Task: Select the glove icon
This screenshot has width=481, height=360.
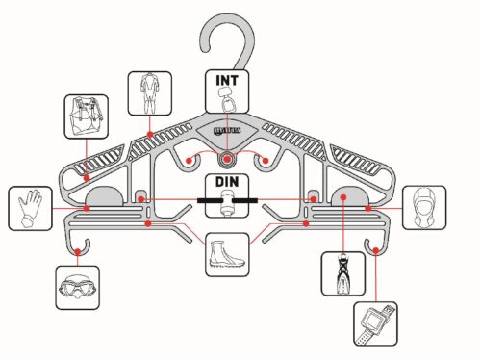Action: click(x=31, y=206)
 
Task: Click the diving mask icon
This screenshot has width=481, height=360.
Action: click(x=76, y=287)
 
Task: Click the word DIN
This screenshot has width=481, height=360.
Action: click(x=227, y=182)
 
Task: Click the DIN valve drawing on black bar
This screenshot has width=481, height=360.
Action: click(x=227, y=202)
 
